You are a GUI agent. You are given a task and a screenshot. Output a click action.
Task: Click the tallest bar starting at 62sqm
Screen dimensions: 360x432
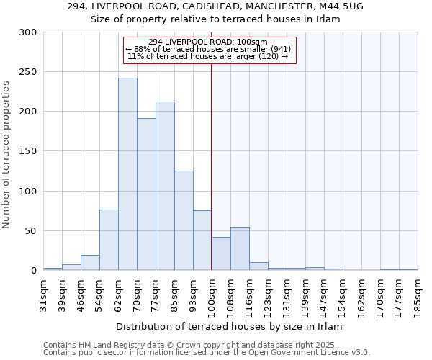pyautogui.click(x=127, y=174)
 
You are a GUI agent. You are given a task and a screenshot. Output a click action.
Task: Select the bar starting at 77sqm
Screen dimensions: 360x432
pyautogui.click(x=165, y=186)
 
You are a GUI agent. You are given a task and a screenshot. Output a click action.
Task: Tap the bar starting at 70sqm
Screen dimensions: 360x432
pyautogui.click(x=146, y=194)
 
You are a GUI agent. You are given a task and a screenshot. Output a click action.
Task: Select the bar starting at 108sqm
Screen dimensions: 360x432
pyautogui.click(x=240, y=248)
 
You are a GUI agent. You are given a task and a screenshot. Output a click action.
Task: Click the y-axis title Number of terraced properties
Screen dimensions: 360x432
pyautogui.click(x=6, y=154)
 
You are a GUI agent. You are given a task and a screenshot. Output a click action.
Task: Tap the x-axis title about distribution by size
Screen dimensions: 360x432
pyautogui.click(x=231, y=326)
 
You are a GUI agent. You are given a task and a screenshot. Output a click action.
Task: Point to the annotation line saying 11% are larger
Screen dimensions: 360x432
pyautogui.click(x=207, y=56)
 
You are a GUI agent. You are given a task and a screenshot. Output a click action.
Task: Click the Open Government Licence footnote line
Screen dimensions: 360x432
pyautogui.click(x=207, y=352)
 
